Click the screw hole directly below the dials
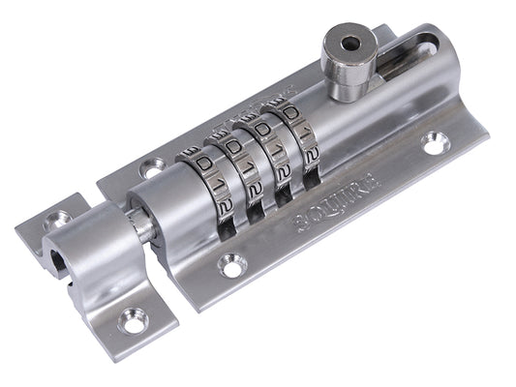coord(230,262)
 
